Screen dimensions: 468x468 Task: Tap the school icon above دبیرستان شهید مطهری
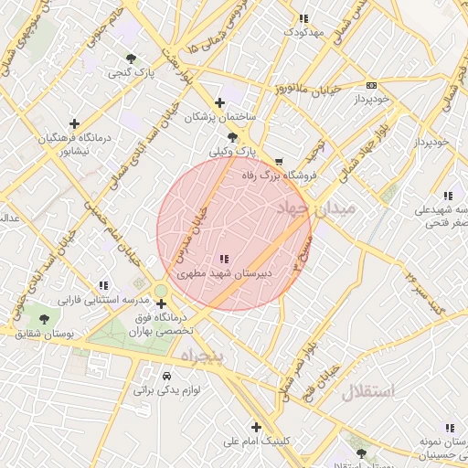(225, 260)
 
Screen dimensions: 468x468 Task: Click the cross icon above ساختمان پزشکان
(218, 103)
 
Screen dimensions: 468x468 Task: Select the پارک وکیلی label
(233, 151)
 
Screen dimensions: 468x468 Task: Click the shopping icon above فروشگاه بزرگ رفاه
(267, 161)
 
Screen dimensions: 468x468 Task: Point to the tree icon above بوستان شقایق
(43, 319)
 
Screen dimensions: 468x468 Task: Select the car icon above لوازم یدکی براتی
(166, 376)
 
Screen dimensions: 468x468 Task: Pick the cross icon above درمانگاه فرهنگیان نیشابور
(74, 123)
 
